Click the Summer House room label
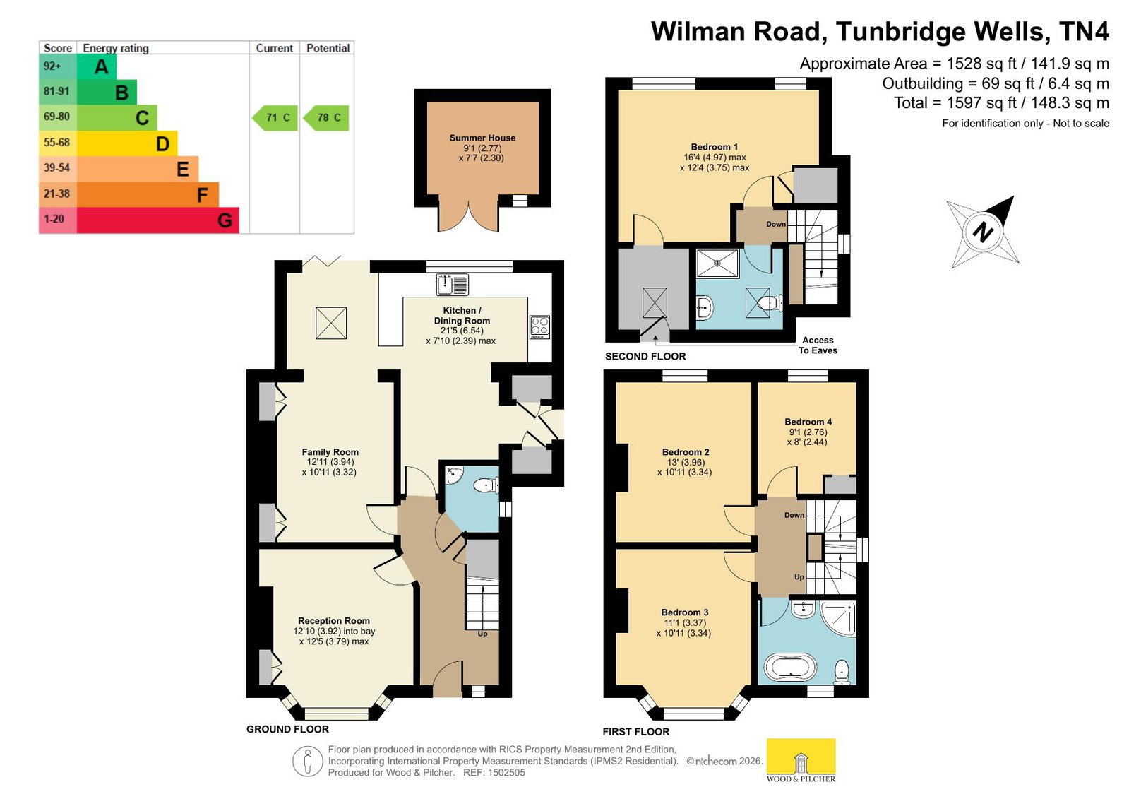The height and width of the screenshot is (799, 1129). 482,138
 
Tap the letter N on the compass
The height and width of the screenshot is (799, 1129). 982,232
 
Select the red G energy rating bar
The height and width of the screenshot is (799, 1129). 157,220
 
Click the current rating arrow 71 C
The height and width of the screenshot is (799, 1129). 275,117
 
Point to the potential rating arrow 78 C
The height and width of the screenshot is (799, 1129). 326,117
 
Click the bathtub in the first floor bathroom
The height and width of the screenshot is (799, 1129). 790,668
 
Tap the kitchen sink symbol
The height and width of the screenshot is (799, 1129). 453,285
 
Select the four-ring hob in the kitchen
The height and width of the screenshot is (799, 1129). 539,326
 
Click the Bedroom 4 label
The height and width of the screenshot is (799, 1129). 808,422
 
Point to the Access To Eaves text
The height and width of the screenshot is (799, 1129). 818,345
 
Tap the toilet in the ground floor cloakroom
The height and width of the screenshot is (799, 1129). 486,485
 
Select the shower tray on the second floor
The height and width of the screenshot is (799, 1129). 718,263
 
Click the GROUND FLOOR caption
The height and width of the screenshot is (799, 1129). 287,729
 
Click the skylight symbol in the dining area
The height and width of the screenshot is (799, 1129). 331,323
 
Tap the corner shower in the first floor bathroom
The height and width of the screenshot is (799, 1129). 838,618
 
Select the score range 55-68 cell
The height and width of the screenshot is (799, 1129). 57,143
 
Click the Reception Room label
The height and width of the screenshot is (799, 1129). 334,621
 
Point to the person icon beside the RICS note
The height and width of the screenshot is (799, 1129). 307,761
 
